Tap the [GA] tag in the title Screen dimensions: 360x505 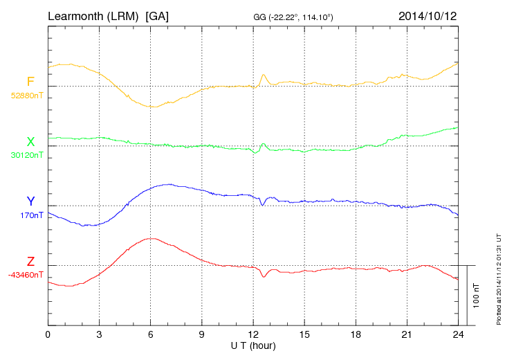[157, 16]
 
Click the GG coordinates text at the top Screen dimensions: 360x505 [294, 17]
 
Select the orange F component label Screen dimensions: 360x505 [30, 82]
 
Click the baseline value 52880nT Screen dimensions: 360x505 [26, 96]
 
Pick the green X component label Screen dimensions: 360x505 [30, 142]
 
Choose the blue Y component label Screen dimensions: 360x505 [30, 201]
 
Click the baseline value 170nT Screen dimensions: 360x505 [32, 215]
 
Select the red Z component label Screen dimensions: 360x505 [30, 262]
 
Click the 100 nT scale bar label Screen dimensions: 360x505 [476, 296]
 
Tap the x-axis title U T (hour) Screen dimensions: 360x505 [253, 345]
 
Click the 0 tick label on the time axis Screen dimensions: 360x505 [48, 334]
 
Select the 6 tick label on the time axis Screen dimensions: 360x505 [151, 334]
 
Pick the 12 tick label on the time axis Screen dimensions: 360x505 [253, 334]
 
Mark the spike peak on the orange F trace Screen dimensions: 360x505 [264, 75]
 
